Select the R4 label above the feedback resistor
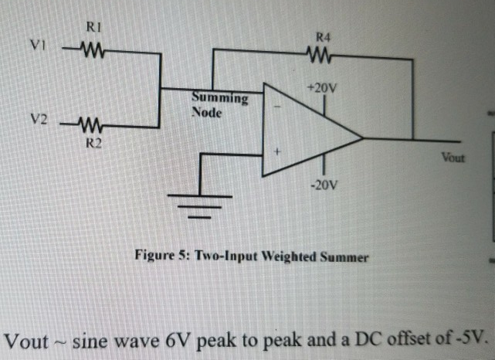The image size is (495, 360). click(x=323, y=36)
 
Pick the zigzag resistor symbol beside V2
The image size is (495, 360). click(x=92, y=125)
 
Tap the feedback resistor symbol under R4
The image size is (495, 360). click(x=320, y=55)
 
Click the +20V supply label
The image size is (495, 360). click(x=321, y=88)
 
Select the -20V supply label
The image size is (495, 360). click(x=323, y=185)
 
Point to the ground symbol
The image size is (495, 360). click(x=199, y=202)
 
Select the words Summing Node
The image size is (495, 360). click(x=219, y=105)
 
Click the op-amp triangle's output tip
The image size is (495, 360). click(x=361, y=139)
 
